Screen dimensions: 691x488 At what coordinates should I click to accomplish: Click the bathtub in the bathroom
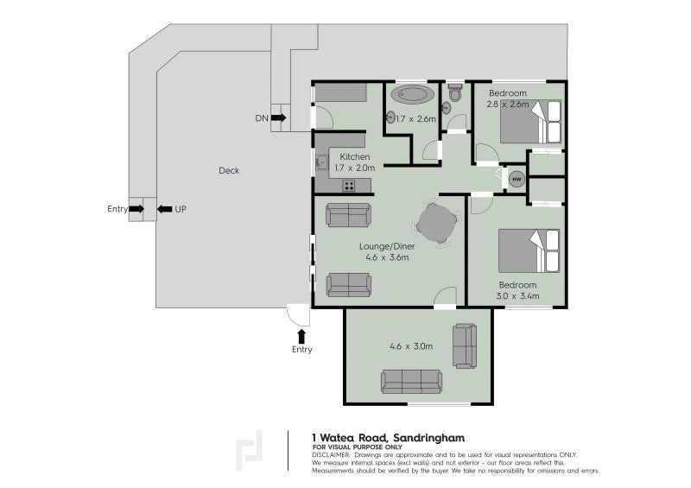click(412, 95)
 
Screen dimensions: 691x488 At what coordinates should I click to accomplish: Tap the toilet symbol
click(455, 93)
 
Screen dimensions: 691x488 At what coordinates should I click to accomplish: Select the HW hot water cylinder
click(517, 179)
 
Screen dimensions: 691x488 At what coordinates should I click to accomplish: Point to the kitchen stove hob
click(349, 186)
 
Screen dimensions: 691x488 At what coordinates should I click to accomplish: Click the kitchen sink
click(321, 162)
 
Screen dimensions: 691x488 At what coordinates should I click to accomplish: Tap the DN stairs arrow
click(278, 117)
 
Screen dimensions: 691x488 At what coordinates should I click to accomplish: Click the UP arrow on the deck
click(165, 209)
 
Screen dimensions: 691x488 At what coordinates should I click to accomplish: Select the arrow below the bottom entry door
click(301, 336)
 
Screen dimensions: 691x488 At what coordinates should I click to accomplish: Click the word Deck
click(229, 171)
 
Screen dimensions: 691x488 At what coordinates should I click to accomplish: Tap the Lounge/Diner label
click(387, 246)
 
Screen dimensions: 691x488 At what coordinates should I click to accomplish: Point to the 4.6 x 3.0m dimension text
click(411, 346)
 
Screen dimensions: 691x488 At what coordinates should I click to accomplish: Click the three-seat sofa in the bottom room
click(412, 381)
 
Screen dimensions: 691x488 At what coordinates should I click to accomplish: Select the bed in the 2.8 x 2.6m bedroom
click(530, 122)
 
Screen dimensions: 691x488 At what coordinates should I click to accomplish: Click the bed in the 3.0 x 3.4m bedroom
click(529, 250)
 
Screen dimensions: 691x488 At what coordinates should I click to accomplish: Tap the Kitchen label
click(355, 157)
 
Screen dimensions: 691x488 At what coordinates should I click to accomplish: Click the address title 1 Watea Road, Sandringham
click(388, 438)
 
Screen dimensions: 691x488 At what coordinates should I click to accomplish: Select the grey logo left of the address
click(250, 451)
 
